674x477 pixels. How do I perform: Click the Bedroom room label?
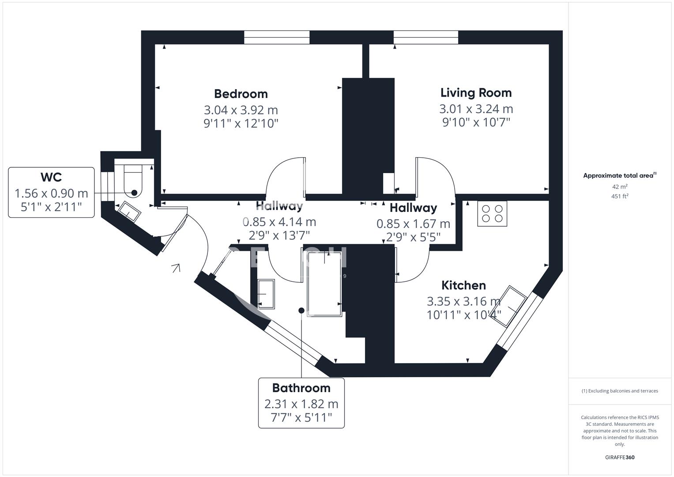[241, 94]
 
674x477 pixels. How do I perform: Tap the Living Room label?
[476, 93]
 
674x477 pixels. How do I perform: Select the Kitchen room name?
[463, 285]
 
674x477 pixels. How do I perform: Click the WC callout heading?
[51, 177]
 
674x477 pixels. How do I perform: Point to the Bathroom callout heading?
[301, 388]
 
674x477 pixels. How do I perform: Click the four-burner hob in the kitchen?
[492, 214]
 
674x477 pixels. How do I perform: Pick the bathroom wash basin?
[266, 293]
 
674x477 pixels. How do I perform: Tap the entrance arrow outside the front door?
[176, 268]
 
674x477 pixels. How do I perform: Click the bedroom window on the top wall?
[277, 38]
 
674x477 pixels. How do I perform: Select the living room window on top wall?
[425, 38]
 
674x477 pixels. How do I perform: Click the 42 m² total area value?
[620, 187]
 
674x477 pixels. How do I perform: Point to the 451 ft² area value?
[620, 197]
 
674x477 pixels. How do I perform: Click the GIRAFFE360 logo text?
[620, 458]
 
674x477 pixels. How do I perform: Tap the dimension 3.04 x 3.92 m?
[241, 110]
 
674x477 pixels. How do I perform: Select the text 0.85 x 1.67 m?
[413, 224]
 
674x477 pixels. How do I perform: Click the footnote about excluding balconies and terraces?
[620, 391]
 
